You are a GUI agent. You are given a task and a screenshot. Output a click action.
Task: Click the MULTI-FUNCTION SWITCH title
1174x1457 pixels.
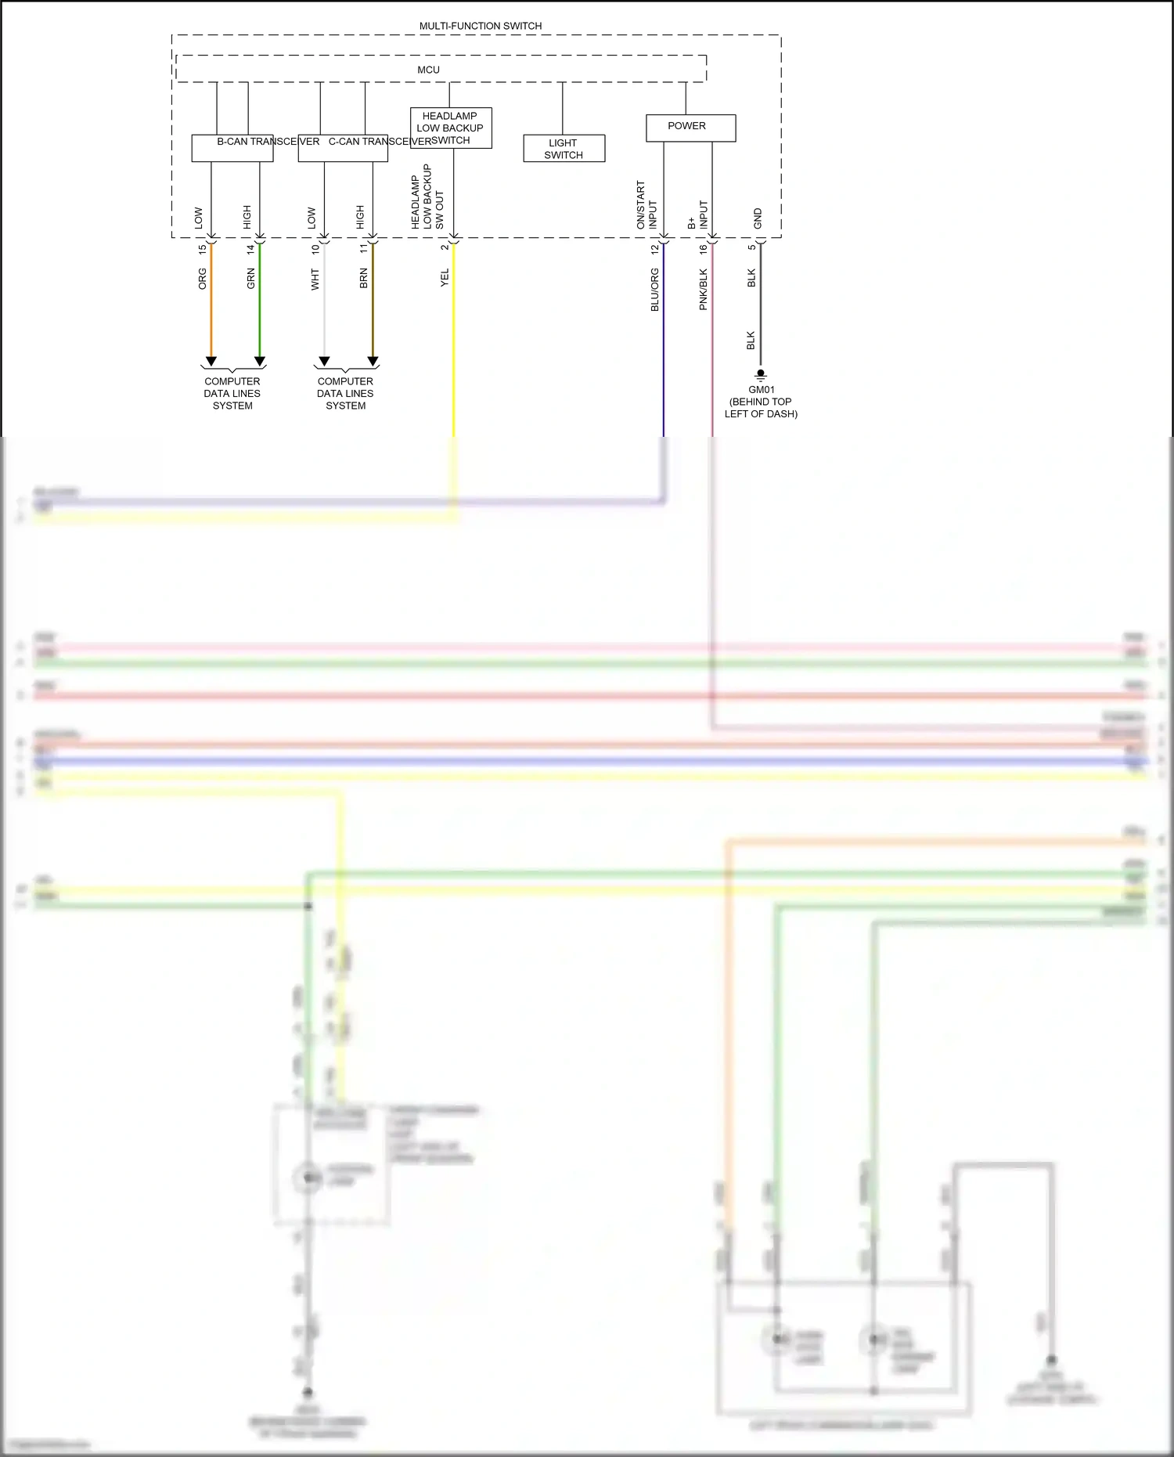(x=480, y=26)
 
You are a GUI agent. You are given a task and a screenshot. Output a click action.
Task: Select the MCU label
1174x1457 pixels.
(x=428, y=70)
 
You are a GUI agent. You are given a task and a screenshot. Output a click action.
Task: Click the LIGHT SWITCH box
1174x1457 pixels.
(x=564, y=149)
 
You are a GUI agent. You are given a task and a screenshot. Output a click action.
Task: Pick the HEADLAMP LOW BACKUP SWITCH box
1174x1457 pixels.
(x=451, y=128)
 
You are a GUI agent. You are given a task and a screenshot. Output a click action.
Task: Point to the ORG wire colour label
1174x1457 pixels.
(x=203, y=279)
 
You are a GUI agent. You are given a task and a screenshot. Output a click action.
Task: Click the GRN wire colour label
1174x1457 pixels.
(x=251, y=279)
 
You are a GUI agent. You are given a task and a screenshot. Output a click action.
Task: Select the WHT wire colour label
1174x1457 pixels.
(x=315, y=279)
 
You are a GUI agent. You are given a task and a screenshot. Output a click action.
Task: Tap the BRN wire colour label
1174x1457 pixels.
(x=364, y=279)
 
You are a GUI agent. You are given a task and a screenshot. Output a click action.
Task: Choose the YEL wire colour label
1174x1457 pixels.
(x=445, y=278)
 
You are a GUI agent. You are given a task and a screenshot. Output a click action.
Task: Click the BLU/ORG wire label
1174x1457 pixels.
(x=655, y=290)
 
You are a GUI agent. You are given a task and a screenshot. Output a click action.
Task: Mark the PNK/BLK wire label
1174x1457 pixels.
(x=703, y=290)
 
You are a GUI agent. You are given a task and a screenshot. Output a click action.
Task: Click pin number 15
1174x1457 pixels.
(x=203, y=249)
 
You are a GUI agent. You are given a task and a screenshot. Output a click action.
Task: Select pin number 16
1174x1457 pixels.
(x=703, y=249)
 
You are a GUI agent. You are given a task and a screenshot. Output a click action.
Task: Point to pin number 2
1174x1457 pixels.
(x=445, y=247)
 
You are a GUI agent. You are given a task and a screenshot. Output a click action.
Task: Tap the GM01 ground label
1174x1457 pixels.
(x=761, y=389)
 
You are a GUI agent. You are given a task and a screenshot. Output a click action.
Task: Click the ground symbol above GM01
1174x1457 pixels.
(x=760, y=375)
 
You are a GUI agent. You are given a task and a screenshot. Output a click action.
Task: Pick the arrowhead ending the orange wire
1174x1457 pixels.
(x=211, y=362)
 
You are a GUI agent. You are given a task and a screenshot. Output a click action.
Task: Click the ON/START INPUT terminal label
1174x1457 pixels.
(x=646, y=205)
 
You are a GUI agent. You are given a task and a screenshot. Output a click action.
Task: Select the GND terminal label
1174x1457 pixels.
(x=758, y=218)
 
